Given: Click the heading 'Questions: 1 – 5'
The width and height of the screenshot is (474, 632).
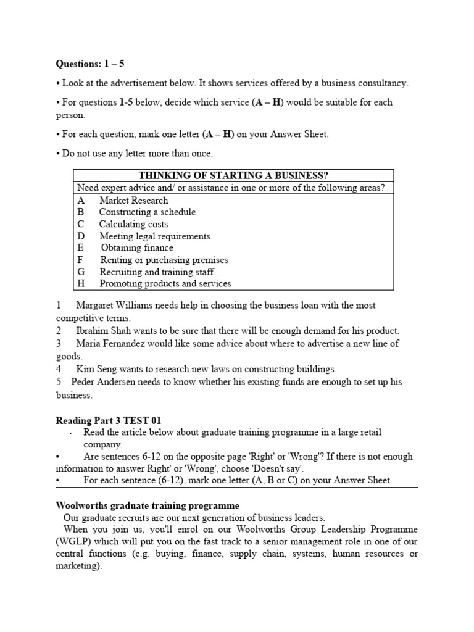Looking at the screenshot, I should [x=90, y=64].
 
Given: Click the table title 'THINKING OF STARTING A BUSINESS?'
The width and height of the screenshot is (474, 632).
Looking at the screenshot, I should [x=233, y=175].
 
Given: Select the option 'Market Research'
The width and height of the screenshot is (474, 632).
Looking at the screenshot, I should [x=133, y=200].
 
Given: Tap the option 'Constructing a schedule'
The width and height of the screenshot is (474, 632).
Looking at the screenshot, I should [x=147, y=212].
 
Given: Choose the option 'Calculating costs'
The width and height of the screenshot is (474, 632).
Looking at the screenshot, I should [x=133, y=224].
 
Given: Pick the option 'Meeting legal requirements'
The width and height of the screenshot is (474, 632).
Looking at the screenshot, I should [x=154, y=236].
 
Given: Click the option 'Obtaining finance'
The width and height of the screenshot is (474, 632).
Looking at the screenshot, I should [x=137, y=247].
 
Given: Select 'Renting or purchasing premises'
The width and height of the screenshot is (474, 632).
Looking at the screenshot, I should [x=164, y=260].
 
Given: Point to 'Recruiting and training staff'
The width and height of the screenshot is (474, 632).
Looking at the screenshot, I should [x=157, y=272].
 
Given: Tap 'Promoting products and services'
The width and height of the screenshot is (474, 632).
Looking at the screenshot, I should [x=165, y=283].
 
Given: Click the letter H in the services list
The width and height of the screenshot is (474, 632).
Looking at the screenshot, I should [x=81, y=283].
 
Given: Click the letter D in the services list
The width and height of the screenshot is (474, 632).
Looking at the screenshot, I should [x=81, y=236].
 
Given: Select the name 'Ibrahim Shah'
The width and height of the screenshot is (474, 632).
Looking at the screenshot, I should [x=102, y=331].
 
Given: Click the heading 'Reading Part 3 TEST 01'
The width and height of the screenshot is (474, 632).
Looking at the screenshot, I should [x=109, y=420].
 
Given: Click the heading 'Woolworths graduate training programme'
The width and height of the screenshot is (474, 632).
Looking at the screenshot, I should [x=148, y=505].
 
